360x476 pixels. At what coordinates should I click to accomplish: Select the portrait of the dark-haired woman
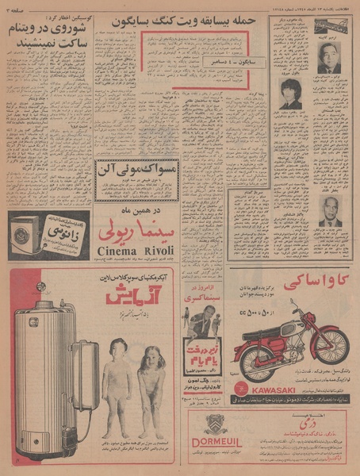pyautogui.click(x=288, y=93)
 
